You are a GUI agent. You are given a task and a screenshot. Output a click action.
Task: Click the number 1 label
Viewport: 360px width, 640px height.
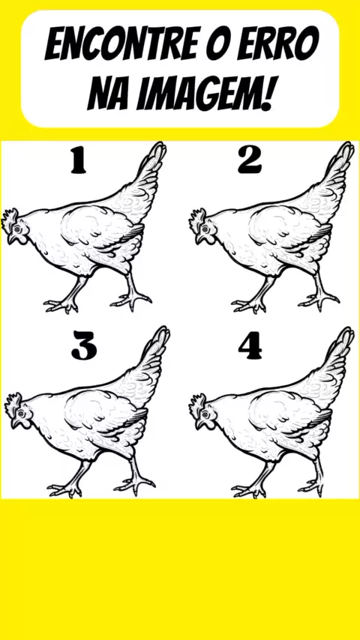(x=78, y=160)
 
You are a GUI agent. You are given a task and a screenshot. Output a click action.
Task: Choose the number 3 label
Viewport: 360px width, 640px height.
(x=84, y=345)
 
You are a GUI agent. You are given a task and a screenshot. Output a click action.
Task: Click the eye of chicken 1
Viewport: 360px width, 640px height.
(x=17, y=227)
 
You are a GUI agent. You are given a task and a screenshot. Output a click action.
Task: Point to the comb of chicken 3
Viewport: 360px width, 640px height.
(x=12, y=401)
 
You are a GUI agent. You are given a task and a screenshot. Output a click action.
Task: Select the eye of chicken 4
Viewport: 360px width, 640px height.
(x=203, y=413)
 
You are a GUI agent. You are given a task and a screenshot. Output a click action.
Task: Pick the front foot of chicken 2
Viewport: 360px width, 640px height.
(x=248, y=305)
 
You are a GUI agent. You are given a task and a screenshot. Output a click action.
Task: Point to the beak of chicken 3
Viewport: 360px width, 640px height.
(x=16, y=423)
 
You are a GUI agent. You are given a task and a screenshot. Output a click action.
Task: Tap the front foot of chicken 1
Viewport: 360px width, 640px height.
(x=61, y=305)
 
